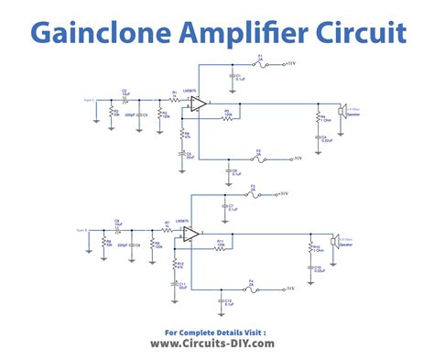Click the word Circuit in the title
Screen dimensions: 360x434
[358, 35]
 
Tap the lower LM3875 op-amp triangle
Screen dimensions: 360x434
[190, 235]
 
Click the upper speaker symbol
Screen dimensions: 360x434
[342, 112]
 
